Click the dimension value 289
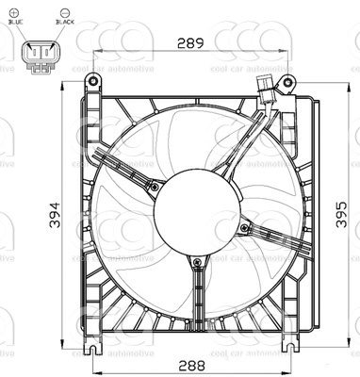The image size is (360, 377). point(191,42)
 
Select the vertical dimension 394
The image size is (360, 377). point(57,216)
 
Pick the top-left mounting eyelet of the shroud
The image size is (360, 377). point(93,81)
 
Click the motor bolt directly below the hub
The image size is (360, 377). point(197,261)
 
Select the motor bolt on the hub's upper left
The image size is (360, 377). point(154,186)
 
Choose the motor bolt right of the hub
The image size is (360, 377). point(244,226)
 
